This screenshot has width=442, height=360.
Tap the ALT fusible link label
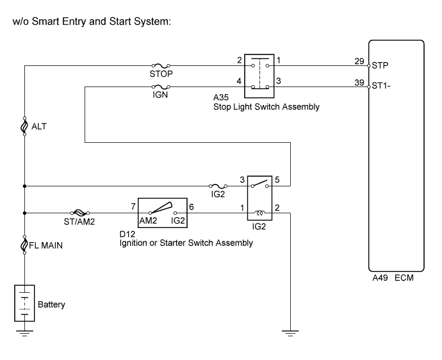pos(39,126)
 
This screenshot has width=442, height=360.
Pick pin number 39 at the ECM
pos(359,82)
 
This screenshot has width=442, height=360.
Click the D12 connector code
pos(126,234)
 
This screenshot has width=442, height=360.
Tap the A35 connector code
pos(221,98)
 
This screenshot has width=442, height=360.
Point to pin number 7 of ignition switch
pos(132,208)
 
